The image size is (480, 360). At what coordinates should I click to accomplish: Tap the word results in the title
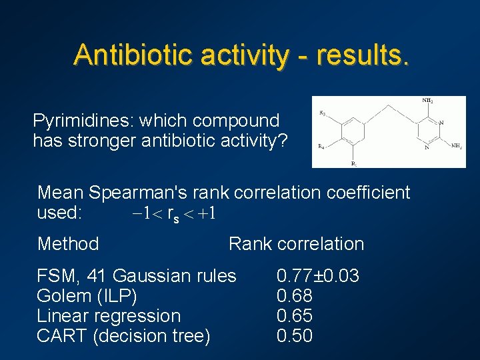[363, 54]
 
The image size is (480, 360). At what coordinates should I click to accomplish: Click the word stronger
[93, 141]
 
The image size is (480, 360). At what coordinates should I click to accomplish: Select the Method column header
[68, 244]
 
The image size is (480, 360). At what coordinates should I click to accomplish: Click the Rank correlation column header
[296, 244]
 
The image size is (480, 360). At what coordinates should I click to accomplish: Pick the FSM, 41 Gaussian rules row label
[137, 275]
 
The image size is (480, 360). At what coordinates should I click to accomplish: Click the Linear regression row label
[109, 315]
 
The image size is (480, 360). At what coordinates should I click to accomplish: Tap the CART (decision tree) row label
[123, 336]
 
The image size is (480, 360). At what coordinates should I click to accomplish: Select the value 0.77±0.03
[318, 275]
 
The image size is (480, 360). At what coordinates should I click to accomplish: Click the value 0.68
[295, 295]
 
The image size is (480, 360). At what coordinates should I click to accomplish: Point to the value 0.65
[295, 315]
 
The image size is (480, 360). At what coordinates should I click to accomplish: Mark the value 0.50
[295, 336]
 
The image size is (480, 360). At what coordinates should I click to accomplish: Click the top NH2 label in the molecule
[427, 101]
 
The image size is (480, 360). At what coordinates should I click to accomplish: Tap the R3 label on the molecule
[322, 113]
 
